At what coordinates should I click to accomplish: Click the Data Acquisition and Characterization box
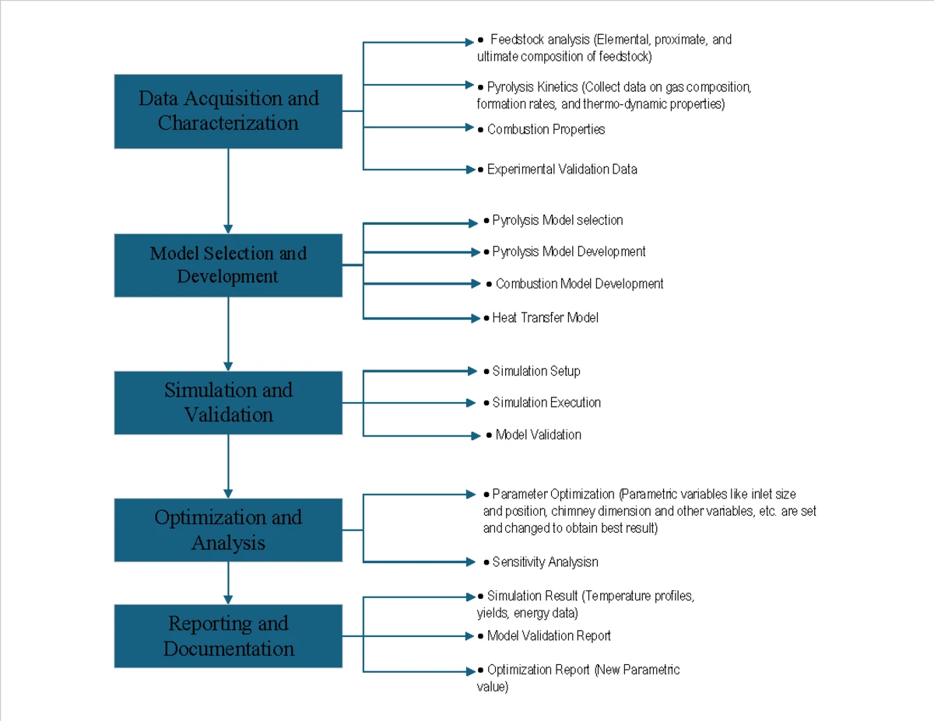(x=228, y=111)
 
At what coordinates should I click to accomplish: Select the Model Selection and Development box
(x=228, y=265)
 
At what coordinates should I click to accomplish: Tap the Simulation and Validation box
(x=228, y=402)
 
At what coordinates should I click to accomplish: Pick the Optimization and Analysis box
(x=228, y=530)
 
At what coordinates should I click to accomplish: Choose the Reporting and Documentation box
(x=228, y=635)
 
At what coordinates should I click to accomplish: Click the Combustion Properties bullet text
(x=546, y=129)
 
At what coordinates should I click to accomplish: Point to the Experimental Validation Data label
(x=562, y=170)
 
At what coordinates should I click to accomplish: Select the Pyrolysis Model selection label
(x=557, y=220)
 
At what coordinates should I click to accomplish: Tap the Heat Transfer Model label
(x=545, y=318)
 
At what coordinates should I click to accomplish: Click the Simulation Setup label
(x=536, y=371)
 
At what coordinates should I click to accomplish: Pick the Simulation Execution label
(x=546, y=402)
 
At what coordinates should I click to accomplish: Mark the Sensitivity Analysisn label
(x=545, y=562)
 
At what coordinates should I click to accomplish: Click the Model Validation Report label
(x=549, y=635)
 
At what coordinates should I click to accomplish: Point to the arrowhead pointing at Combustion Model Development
(x=476, y=283)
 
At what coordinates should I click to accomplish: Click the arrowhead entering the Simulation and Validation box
(x=228, y=366)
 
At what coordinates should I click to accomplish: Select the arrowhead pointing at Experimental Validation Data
(x=471, y=170)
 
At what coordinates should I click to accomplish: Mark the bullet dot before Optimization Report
(x=480, y=670)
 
